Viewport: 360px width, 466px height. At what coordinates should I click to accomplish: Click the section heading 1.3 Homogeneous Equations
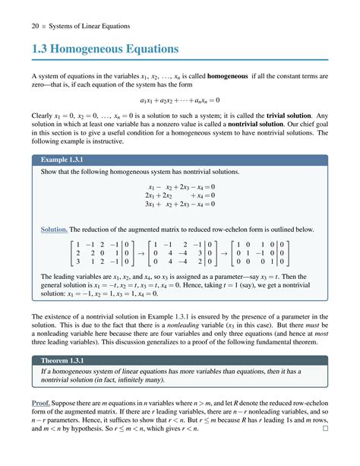point(105,50)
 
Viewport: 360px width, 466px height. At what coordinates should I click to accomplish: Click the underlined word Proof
point(41,401)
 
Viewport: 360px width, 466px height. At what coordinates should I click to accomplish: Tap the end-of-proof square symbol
point(326,429)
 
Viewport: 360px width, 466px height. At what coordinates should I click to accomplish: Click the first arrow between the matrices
point(141,255)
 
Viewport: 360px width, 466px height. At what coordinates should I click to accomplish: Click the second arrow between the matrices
point(222,255)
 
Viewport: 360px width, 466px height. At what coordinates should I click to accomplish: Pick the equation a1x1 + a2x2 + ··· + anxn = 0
point(180,99)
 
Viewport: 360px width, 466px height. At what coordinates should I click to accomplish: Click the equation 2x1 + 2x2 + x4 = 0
point(180,195)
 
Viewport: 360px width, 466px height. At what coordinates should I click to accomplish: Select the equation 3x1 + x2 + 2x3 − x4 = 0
point(180,204)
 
